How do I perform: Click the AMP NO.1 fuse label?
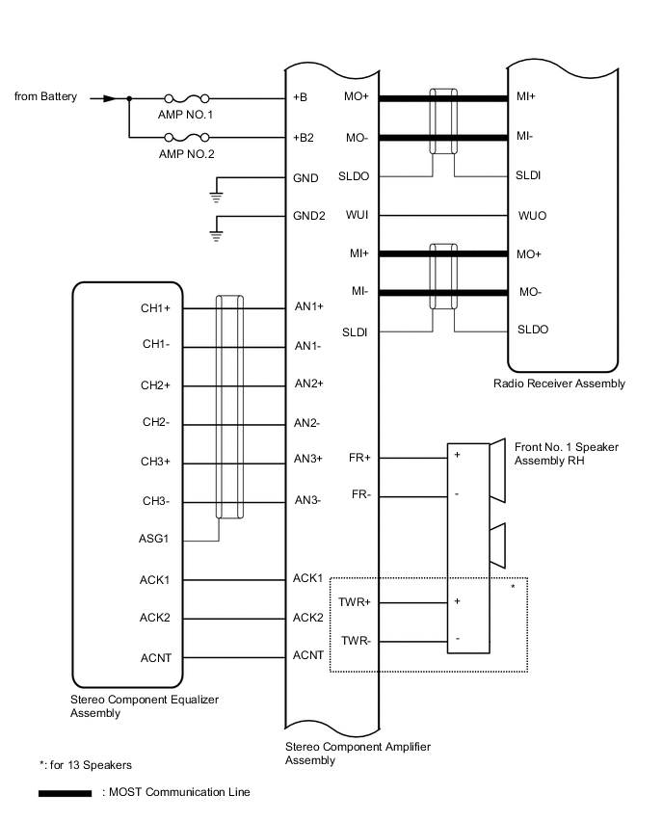185,115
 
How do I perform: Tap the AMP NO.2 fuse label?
185,154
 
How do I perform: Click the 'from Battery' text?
46,97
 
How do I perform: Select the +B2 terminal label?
304,138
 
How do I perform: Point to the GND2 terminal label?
308,216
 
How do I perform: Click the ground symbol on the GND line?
217,197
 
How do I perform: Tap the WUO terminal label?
532,215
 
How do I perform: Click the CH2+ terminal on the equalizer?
155,385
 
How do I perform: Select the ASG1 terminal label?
155,539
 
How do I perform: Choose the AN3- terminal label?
307,499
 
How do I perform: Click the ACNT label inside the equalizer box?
155,659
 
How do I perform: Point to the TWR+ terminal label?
355,602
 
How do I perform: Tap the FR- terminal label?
360,494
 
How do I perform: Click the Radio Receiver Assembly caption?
559,384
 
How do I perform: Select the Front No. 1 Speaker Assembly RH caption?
567,454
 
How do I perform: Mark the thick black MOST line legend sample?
66,794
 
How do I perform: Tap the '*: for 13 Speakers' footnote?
86,765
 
